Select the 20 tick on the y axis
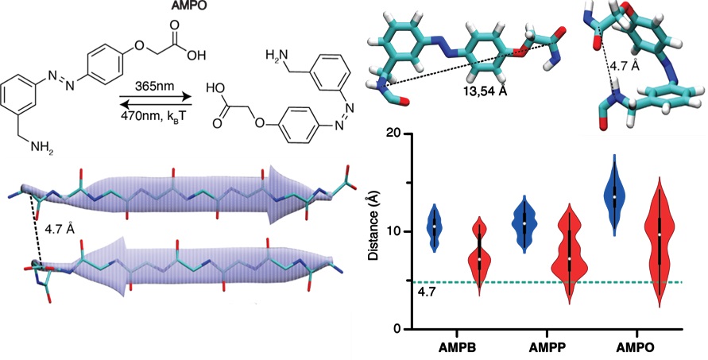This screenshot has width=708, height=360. pyautogui.click(x=397, y=134)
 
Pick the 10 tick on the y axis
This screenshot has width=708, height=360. pyautogui.click(x=397, y=231)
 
